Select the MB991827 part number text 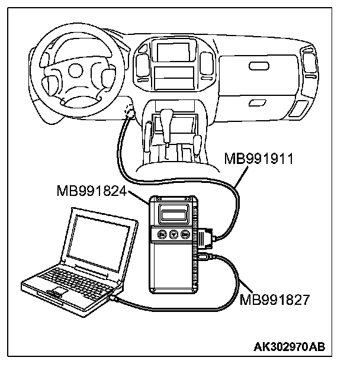[x=274, y=300]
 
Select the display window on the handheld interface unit [x=176, y=211]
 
